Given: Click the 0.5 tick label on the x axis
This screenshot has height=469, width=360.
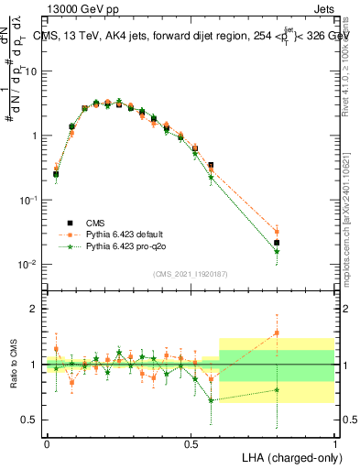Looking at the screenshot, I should [191, 442].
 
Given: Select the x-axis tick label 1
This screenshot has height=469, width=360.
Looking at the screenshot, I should [334, 442].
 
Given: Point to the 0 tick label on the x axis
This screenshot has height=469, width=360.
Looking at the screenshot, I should [47, 442].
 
